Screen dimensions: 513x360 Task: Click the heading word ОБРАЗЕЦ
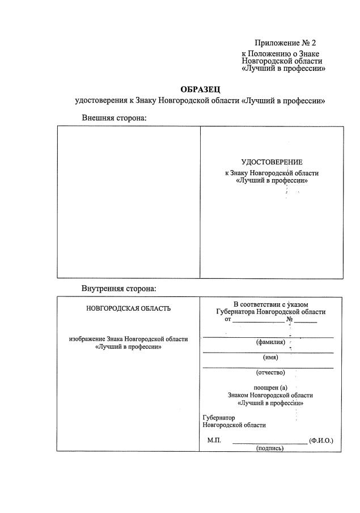[200, 89]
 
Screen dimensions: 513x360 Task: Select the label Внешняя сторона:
[114, 117]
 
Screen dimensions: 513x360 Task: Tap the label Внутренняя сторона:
[118, 289]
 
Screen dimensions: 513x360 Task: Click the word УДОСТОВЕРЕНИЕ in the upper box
[272, 163]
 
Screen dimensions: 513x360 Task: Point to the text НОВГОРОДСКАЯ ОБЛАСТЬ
[128, 309]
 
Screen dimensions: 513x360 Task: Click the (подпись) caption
[270, 448]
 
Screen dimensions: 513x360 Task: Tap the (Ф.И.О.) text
[321, 440]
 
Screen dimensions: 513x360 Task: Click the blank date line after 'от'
[258, 321]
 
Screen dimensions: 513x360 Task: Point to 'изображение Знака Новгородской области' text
[128, 339]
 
